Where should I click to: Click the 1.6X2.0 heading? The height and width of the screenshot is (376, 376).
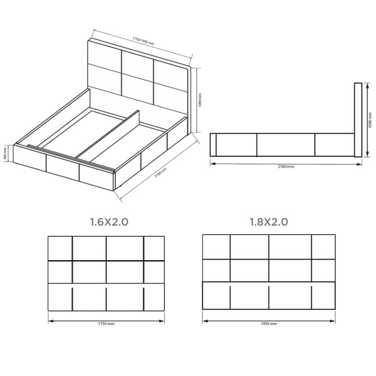tap(109, 222)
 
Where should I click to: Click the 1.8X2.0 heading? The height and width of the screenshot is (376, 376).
tap(269, 222)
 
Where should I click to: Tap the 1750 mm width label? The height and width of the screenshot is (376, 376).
tap(106, 324)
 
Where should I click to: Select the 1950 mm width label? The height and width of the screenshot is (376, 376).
tap(269, 324)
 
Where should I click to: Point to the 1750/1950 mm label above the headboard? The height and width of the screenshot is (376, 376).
tap(143, 41)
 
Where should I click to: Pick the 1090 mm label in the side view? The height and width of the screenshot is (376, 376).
tap(370, 119)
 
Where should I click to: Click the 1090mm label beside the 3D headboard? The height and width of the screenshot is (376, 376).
tap(200, 101)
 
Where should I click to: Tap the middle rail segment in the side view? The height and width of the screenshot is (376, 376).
tap(285, 145)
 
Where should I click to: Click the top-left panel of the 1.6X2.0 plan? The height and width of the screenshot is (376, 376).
tap(60, 248)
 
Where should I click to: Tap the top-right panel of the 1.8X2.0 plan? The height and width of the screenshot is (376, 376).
tap(323, 246)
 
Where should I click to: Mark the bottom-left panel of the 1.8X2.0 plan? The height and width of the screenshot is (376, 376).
tap(215, 296)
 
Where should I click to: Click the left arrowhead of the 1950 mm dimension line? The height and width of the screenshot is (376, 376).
tap(204, 321)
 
